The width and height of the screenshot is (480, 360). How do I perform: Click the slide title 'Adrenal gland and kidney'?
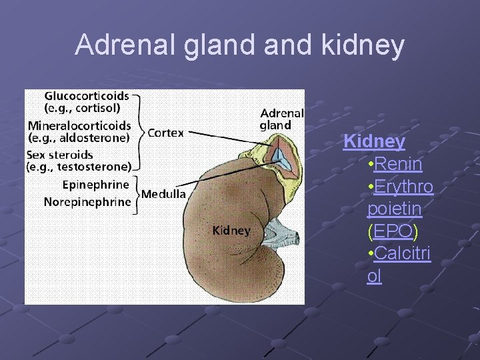[x=239, y=45]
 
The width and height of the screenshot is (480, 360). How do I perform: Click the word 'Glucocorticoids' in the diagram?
[x=87, y=97]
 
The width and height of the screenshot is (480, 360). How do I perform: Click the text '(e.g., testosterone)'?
[x=79, y=167]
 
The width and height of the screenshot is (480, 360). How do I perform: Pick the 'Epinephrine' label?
[x=96, y=185]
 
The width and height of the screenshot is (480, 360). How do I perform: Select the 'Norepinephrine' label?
[x=87, y=201]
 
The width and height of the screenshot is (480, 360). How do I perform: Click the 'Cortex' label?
[x=165, y=133]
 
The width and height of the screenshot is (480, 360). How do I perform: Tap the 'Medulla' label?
[x=163, y=194]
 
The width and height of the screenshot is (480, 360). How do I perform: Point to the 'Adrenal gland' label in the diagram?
[x=281, y=119]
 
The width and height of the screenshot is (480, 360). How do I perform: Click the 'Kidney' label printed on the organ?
[x=231, y=231]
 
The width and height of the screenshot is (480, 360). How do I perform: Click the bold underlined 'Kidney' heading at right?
[x=374, y=141]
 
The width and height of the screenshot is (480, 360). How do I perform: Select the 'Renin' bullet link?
[x=398, y=163]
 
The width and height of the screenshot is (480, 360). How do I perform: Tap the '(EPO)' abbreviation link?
[x=392, y=231]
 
